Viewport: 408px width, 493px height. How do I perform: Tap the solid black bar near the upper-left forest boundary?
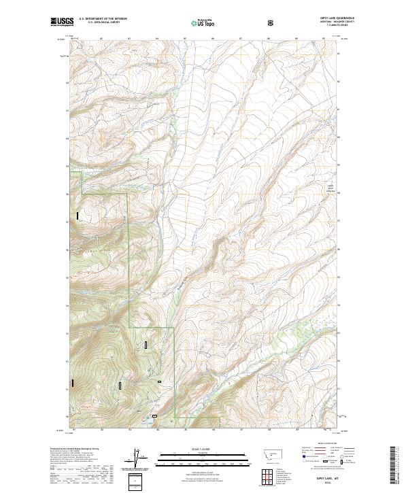point(78,216)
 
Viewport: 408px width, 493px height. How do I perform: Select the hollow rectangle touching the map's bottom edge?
point(154,416)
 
